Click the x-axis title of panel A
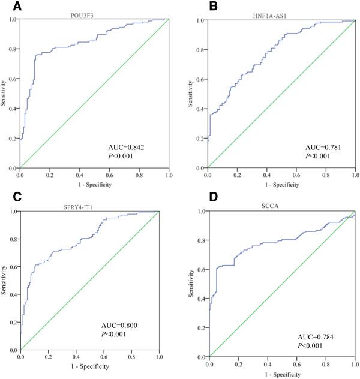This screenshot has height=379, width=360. pyautogui.click(x=94, y=184)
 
